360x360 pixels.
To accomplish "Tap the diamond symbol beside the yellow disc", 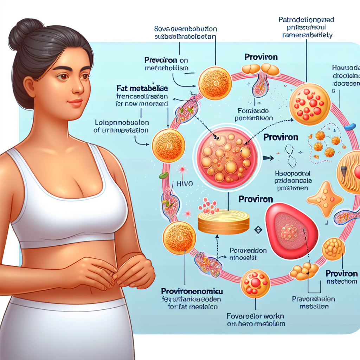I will (x=258, y=230).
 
